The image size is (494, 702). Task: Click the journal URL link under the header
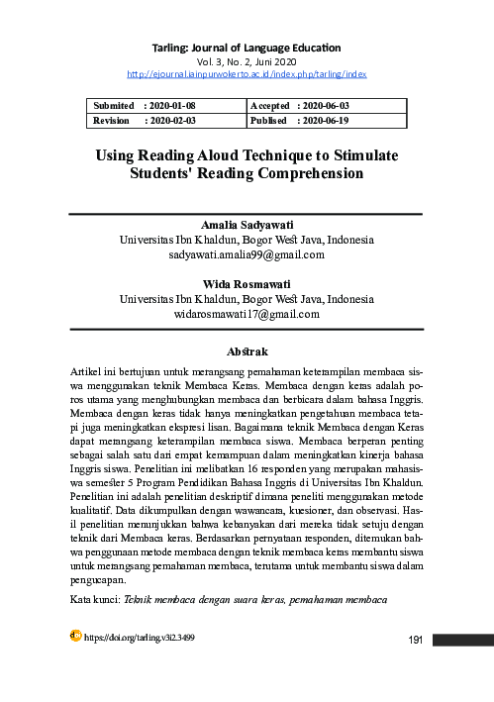[x=247, y=73]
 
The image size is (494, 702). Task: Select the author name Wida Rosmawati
[x=247, y=284]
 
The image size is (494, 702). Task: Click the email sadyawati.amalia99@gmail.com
[x=247, y=255]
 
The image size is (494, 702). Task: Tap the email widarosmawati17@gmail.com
[x=247, y=314]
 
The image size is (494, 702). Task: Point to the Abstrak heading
[x=247, y=351]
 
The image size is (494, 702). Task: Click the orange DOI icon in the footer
[x=75, y=636]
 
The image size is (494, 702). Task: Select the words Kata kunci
[x=94, y=600]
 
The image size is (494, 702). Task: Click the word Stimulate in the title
[x=354, y=155]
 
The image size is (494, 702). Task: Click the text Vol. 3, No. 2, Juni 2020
[x=247, y=60]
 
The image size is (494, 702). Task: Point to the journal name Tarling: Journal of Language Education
[x=247, y=47]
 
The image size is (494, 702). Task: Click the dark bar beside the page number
[x=463, y=640]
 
